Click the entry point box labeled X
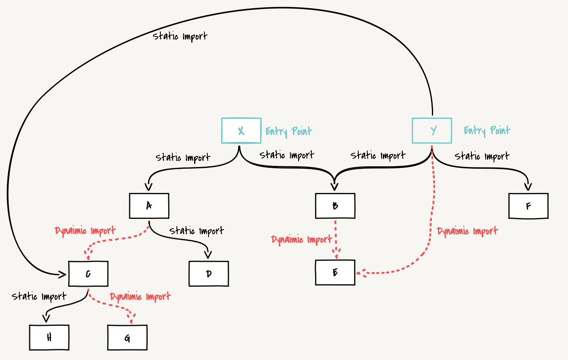tap(241, 131)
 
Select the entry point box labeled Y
tap(432, 131)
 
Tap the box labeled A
tap(149, 206)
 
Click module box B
tap(335, 206)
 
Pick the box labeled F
tap(528, 206)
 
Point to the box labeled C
tap(88, 274)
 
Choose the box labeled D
tap(209, 274)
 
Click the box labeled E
tap(335, 272)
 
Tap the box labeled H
tap(49, 337)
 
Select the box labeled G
tap(127, 337)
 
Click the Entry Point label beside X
tap(289, 131)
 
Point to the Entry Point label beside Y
tap(487, 131)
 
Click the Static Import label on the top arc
tap(180, 36)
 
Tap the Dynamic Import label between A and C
tap(85, 231)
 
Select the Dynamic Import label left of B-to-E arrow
tap(301, 239)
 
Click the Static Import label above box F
tap(482, 156)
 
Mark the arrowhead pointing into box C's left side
tap(63, 274)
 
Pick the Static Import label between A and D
tap(197, 231)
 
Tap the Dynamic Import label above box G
tap(140, 297)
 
